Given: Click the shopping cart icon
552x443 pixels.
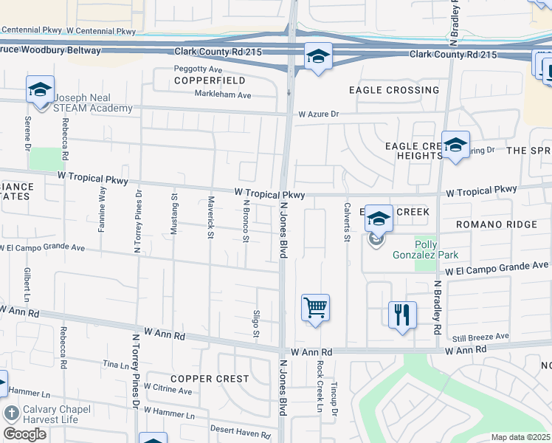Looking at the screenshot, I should click(315, 307).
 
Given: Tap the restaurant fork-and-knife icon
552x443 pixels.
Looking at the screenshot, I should click(402, 315).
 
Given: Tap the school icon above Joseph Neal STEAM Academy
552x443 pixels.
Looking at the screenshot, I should click(40, 90).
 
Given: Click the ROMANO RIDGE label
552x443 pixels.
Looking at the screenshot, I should click(489, 224).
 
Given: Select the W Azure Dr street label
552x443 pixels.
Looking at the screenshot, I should click(318, 114).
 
